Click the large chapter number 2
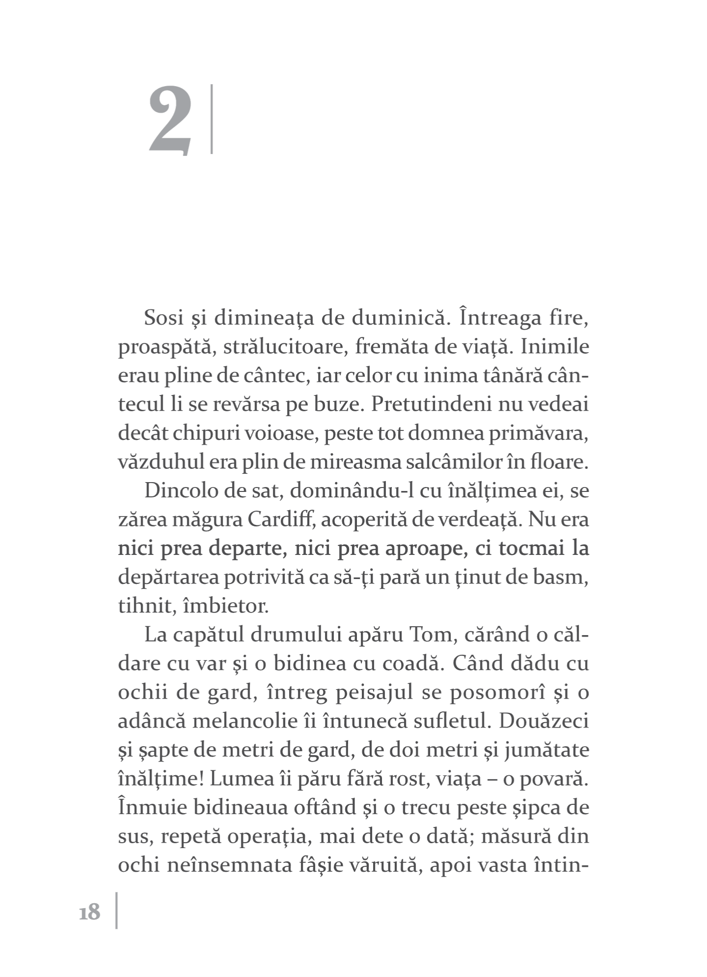pos(170,121)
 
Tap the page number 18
pos(89,912)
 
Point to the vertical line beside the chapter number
pos(212,120)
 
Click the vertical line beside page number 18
pos(117,910)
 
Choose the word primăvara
pos(537,433)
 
